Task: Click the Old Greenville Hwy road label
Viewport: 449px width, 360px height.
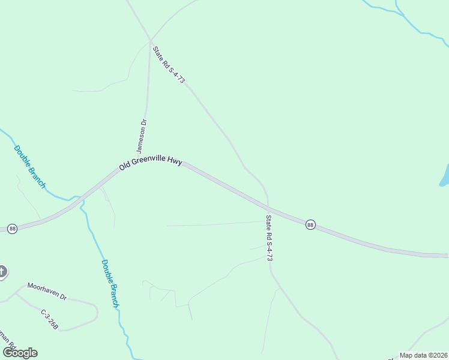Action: (151, 163)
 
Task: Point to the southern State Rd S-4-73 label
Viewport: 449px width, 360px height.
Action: (270, 238)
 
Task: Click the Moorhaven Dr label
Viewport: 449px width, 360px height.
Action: (46, 291)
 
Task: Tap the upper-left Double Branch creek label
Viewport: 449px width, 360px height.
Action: (29, 167)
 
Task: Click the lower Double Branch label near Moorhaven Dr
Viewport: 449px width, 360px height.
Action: (110, 283)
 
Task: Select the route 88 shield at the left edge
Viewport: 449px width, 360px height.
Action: (12, 229)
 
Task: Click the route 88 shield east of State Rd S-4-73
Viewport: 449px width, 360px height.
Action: (310, 224)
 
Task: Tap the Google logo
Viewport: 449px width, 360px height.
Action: (20, 353)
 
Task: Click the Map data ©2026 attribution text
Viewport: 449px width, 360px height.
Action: (423, 355)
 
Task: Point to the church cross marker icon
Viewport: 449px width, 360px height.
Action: (2, 272)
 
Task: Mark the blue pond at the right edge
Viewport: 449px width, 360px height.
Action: (445, 176)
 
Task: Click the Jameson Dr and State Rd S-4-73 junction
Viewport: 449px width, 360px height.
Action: (150, 41)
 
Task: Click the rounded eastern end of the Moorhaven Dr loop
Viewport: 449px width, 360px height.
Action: (96, 312)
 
